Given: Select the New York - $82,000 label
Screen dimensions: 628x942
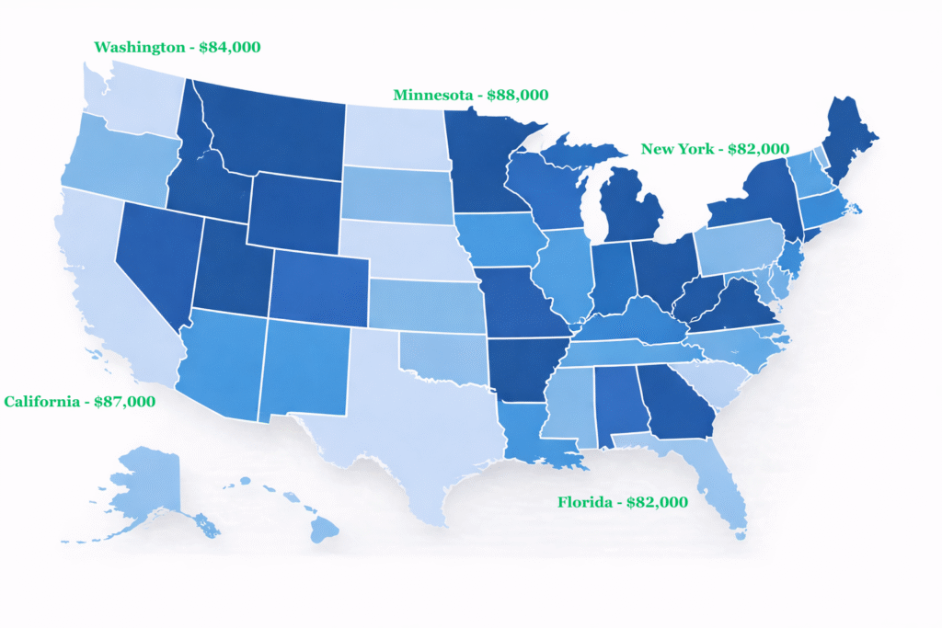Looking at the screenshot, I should (x=715, y=149).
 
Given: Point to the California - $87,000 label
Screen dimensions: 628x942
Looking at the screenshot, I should (x=79, y=402).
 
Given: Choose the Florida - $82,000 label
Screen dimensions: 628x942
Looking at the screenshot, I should (x=623, y=502).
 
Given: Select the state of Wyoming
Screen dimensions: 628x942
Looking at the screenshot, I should (x=295, y=211).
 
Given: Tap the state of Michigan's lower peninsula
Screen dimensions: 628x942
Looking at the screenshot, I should (x=631, y=211).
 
